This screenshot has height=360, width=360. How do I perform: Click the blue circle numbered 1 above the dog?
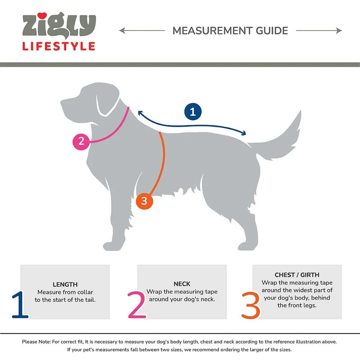(193, 112)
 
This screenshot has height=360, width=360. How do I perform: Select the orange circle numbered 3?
(144, 201)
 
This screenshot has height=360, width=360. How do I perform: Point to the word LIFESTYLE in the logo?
(59, 46)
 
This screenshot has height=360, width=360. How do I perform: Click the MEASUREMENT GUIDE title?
(230, 31)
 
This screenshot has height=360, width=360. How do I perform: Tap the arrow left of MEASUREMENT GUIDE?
(142, 31)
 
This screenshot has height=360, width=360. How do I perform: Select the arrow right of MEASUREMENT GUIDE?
(319, 31)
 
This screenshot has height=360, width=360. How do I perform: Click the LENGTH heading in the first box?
(65, 284)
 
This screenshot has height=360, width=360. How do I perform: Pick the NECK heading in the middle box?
(182, 284)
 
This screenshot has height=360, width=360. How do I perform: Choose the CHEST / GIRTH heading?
(297, 275)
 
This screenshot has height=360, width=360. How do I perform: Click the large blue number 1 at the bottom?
(20, 305)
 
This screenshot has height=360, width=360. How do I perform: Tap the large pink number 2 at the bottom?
(137, 305)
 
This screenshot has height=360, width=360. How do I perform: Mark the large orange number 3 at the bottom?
(251, 305)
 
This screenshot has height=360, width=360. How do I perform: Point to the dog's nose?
(62, 102)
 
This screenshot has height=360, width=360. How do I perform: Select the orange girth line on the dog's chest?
(164, 158)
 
